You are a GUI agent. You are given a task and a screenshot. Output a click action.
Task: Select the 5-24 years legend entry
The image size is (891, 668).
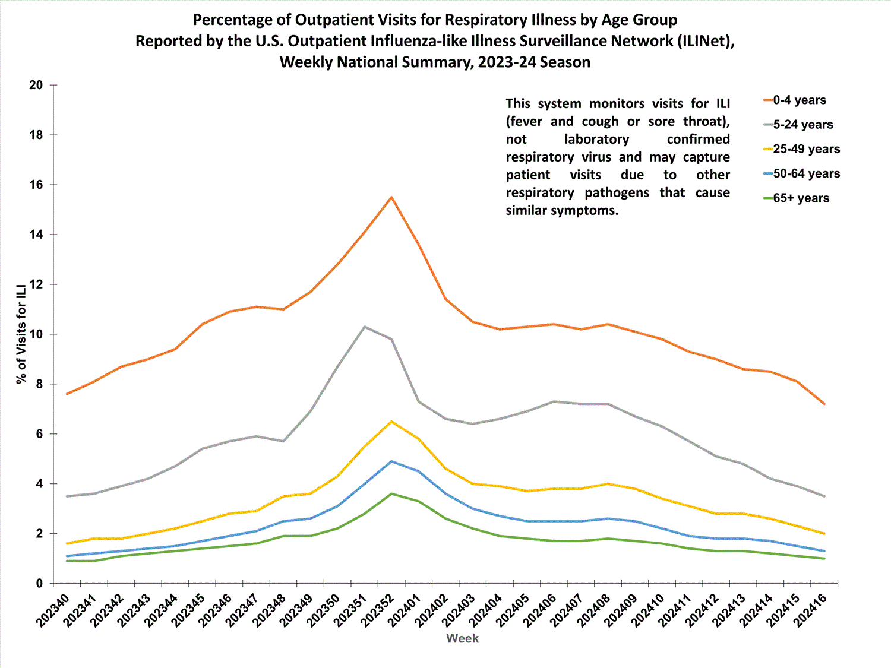pos(802,125)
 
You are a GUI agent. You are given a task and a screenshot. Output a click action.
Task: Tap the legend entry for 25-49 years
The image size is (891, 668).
pos(806,149)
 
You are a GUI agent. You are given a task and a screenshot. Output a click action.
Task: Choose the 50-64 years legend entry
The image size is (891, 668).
pos(806,174)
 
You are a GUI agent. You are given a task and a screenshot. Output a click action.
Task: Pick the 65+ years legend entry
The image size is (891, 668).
pos(801,198)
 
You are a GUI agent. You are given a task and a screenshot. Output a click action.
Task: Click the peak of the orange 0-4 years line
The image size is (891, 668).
pos(391,197)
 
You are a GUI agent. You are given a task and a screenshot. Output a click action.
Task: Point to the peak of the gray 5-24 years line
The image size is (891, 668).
pos(364,327)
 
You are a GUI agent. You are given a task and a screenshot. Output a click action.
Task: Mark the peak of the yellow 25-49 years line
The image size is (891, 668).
pos(391,422)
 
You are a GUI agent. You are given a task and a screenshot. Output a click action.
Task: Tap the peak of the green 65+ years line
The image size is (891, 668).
pos(391,493)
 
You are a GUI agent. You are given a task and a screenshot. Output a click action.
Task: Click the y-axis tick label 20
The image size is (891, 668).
pos(36,85)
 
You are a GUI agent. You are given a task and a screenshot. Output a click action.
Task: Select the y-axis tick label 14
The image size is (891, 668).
pos(36,235)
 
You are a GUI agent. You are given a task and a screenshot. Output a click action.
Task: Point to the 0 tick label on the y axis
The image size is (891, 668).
pos(39,584)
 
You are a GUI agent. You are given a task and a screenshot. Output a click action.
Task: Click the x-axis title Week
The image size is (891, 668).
pos(462,638)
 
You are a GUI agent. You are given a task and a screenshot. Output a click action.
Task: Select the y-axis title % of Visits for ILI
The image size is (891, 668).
pos(21,334)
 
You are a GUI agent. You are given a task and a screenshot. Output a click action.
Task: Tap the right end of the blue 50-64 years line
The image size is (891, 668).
pos(824,551)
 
